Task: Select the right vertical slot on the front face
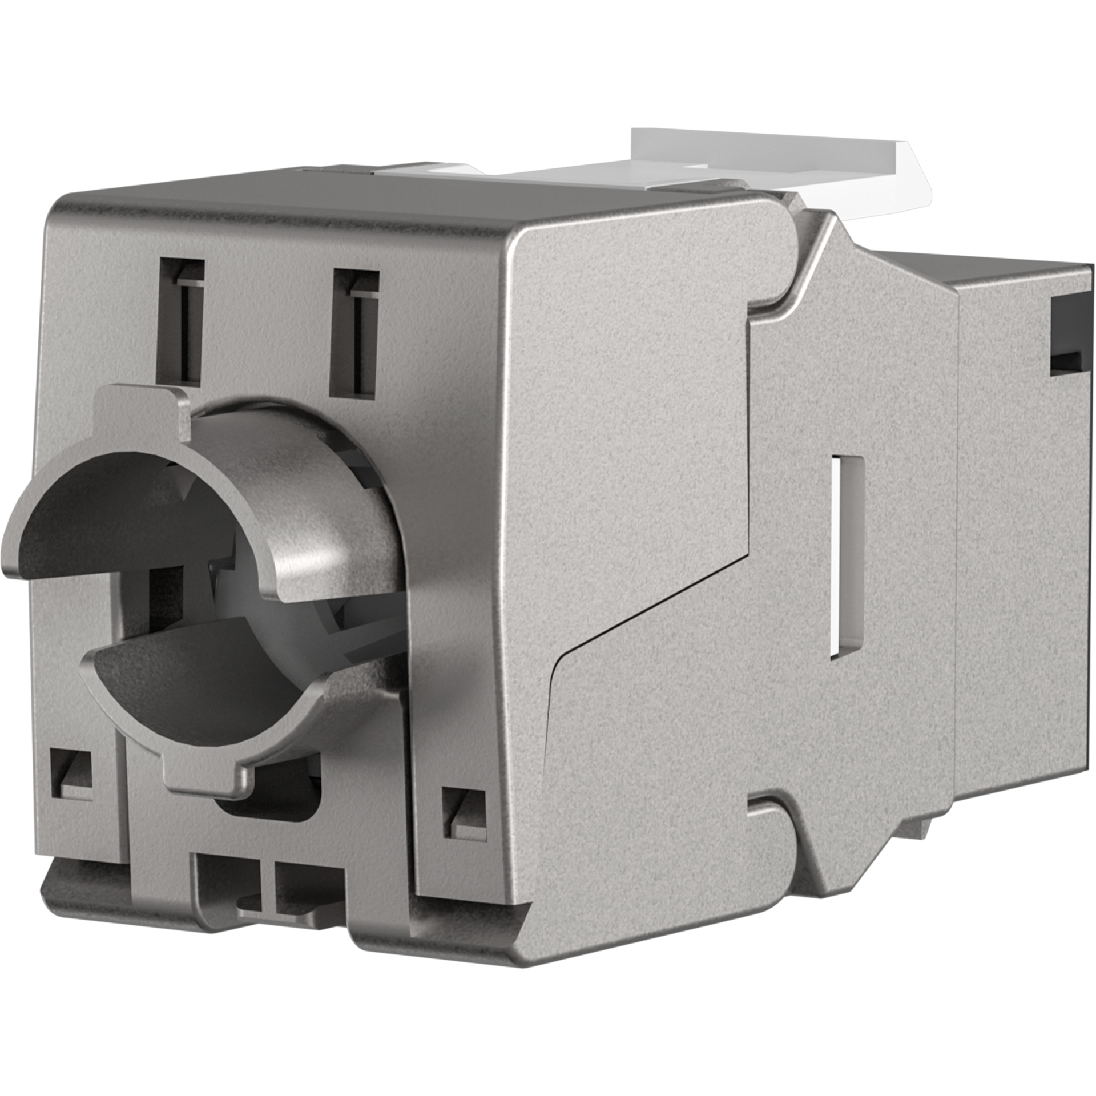tap(357, 331)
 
